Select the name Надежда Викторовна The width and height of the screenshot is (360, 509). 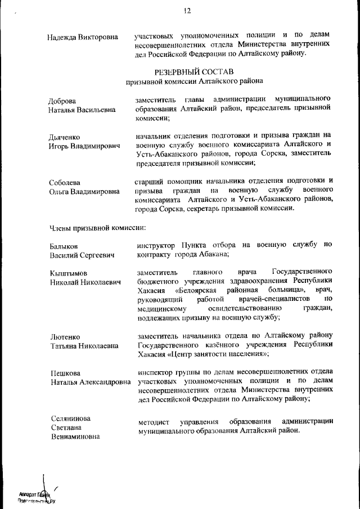[x=83, y=37]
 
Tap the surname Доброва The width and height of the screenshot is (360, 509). [x=62, y=101]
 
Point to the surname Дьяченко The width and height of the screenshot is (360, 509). [x=64, y=137]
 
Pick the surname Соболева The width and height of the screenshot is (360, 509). [x=64, y=182]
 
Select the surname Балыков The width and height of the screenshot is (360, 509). [x=62, y=246]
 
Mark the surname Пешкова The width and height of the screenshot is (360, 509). [x=64, y=373]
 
